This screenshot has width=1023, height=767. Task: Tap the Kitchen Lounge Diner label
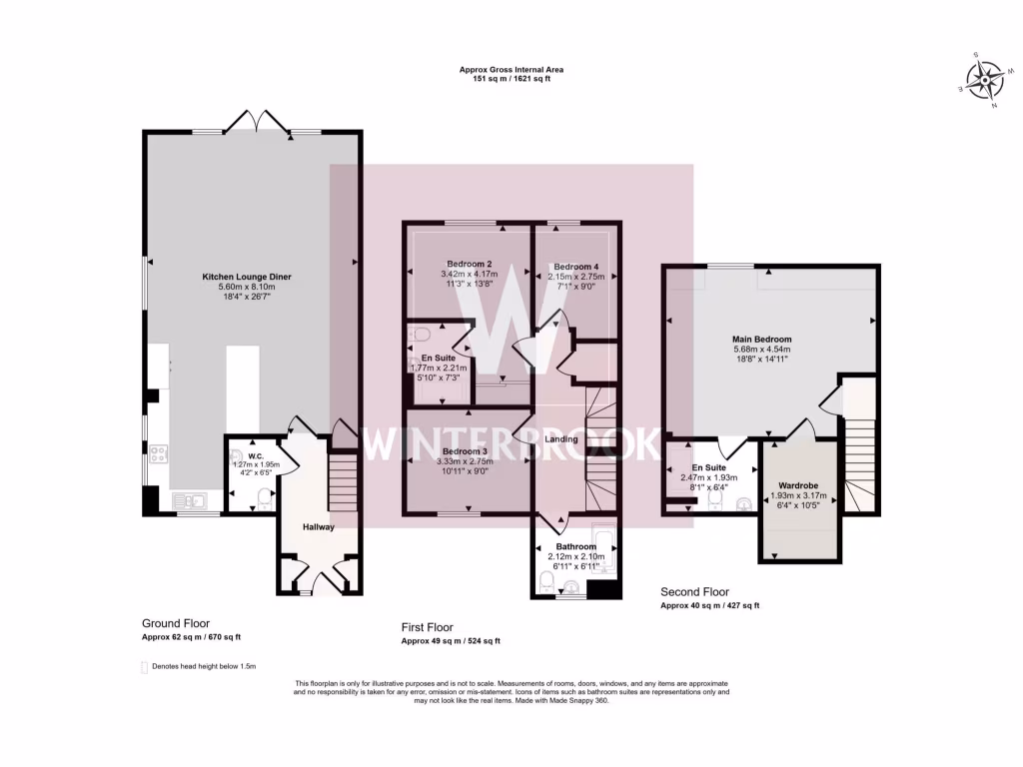pyautogui.click(x=239, y=275)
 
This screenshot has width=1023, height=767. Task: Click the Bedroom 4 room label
pyautogui.click(x=577, y=267)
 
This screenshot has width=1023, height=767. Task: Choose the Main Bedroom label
pyautogui.click(x=761, y=340)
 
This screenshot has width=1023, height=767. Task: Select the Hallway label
pyautogui.click(x=319, y=527)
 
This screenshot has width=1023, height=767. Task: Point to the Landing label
pyautogui.click(x=564, y=440)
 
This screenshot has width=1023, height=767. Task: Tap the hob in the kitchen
pyautogui.click(x=157, y=454)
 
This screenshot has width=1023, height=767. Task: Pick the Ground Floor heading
pyautogui.click(x=176, y=623)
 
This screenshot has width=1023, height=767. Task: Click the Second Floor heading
pyautogui.click(x=695, y=591)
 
